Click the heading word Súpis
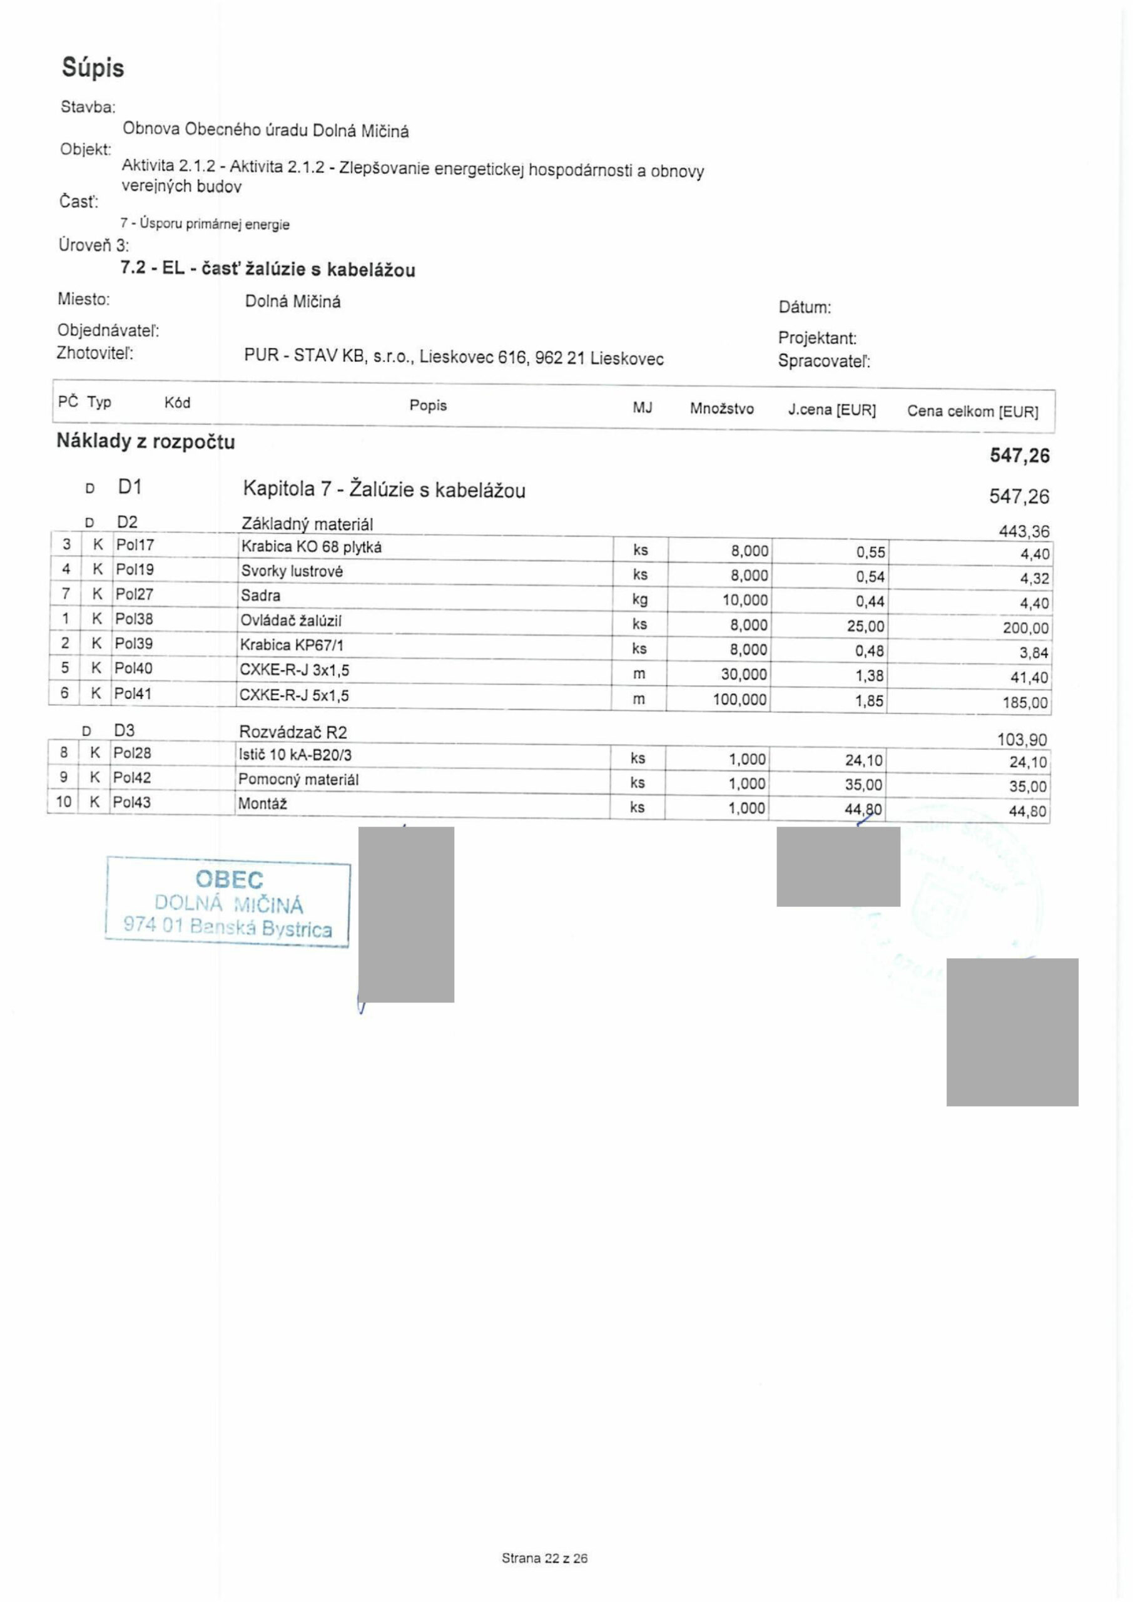[93, 68]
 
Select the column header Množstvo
[721, 408]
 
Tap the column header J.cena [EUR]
[831, 409]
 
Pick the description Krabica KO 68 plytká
[311, 547]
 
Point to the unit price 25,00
[865, 626]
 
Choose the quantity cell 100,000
[739, 699]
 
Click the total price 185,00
[1025, 703]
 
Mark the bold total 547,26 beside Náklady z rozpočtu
[1019, 456]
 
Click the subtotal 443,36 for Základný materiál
[1024, 532]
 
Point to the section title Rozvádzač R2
[292, 732]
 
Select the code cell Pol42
[132, 777]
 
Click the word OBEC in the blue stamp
[230, 880]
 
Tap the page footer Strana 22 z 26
[544, 1558]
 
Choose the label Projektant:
[817, 339]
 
